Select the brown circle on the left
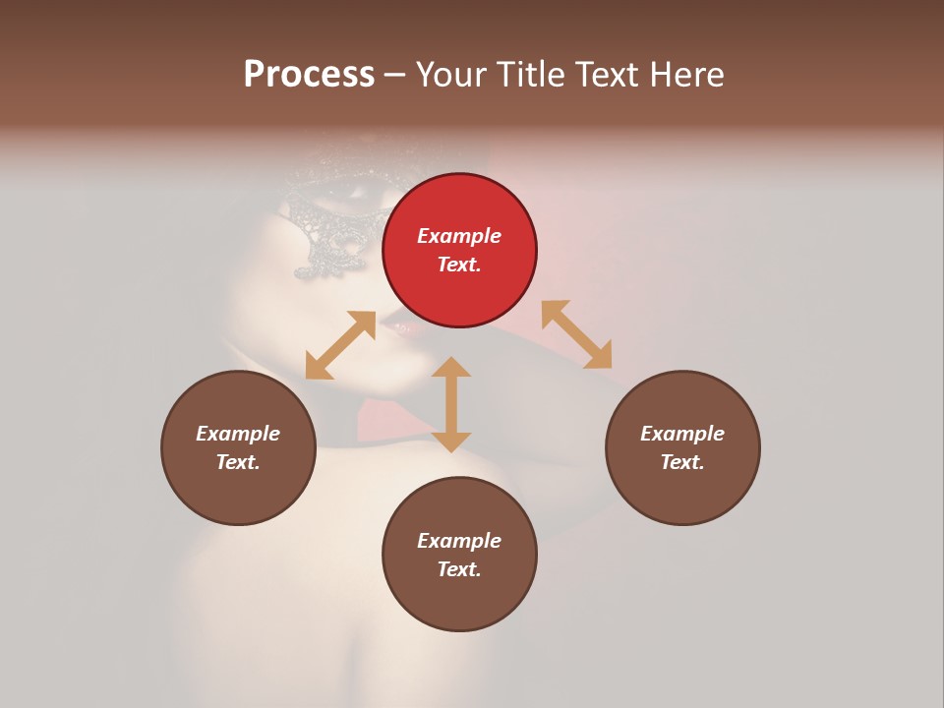(x=238, y=447)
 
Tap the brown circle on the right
(x=682, y=447)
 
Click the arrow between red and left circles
(x=340, y=345)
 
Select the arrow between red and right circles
(x=576, y=334)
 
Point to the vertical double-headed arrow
(x=451, y=404)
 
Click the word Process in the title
(x=309, y=74)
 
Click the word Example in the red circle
(x=459, y=236)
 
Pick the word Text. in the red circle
(x=459, y=265)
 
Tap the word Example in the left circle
(x=238, y=434)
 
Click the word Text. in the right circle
(x=682, y=462)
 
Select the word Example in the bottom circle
(x=459, y=541)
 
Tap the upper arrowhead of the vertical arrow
(x=451, y=367)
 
